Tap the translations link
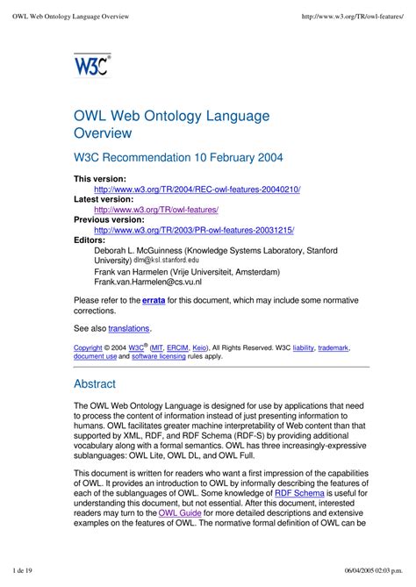pyautogui.click(x=129, y=328)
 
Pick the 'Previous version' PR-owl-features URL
pyautogui.click(x=194, y=230)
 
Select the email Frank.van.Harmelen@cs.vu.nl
pyautogui.click(x=147, y=283)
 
